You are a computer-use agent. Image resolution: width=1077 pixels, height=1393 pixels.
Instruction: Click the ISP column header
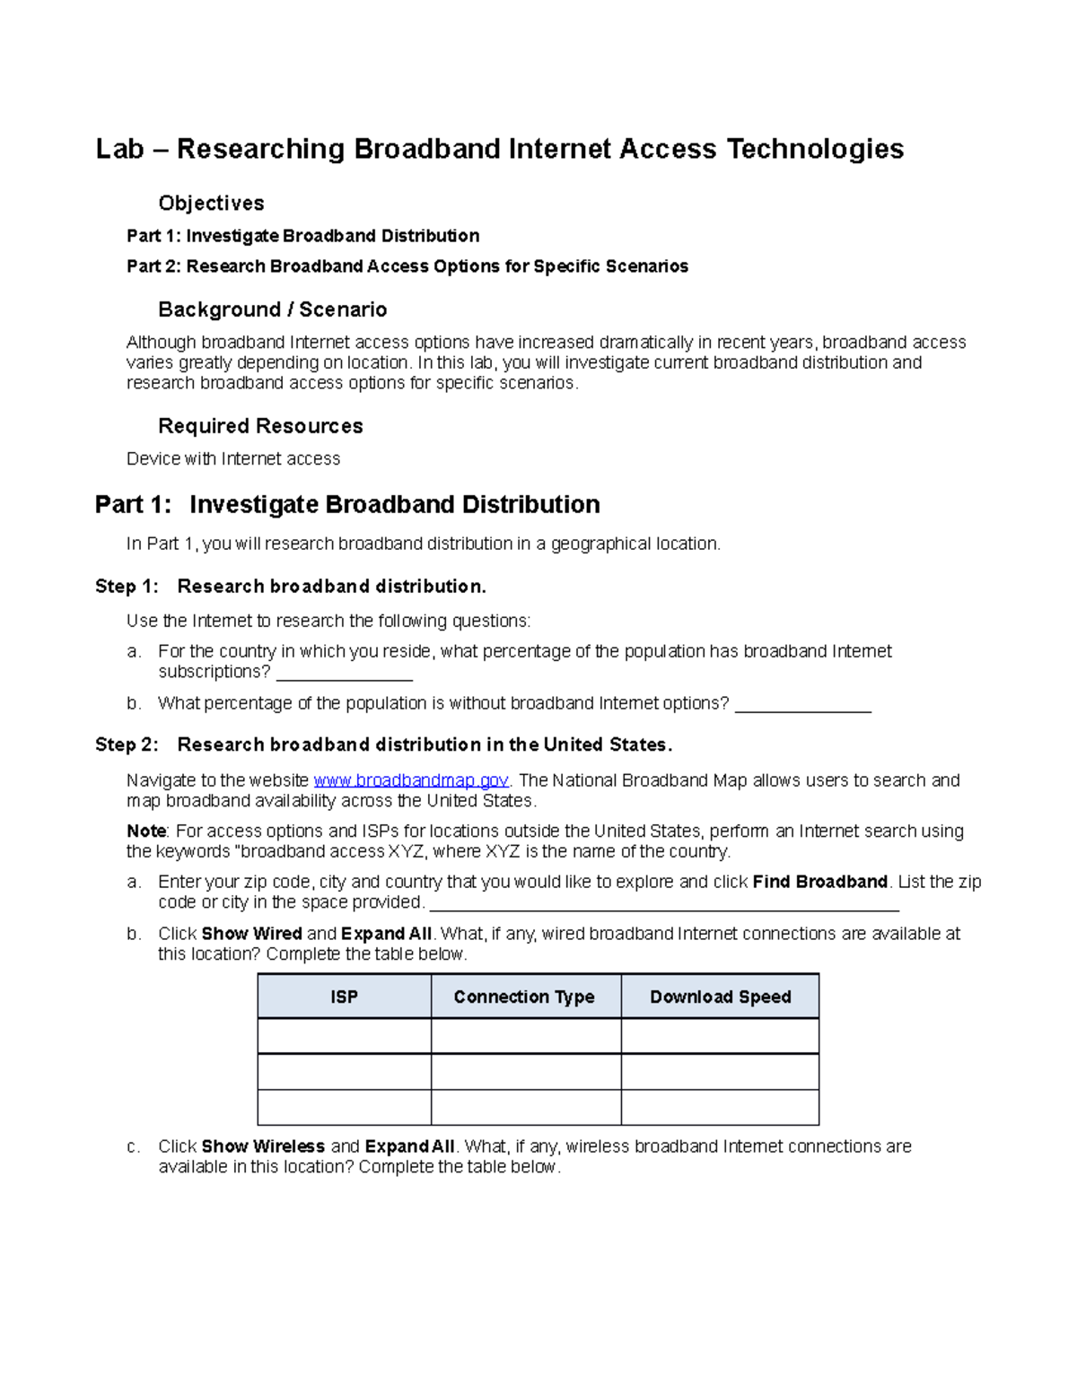344,997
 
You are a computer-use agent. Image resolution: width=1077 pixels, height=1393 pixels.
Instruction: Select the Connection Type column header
524,997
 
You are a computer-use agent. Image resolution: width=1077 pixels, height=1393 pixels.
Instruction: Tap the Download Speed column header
720,997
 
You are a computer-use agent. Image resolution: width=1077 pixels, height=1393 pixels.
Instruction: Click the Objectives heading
211,203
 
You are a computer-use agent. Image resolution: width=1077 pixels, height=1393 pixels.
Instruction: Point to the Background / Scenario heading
272,309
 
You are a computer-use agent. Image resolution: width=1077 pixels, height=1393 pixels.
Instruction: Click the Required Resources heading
260,426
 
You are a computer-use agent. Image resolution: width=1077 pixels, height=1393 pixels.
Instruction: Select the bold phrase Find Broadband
819,882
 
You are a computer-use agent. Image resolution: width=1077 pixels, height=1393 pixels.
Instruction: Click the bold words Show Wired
251,934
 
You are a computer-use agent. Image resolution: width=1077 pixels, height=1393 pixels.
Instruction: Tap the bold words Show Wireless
263,1146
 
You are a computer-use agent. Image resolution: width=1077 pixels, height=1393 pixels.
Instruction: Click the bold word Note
146,831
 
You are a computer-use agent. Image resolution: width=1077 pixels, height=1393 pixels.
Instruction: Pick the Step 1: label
127,587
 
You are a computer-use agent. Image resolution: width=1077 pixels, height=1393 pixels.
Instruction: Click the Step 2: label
127,744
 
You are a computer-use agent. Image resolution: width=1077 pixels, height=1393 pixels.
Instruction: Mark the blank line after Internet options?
802,706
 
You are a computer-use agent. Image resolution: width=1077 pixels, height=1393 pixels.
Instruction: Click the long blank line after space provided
664,904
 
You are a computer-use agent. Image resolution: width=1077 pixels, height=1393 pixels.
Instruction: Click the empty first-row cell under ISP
344,1036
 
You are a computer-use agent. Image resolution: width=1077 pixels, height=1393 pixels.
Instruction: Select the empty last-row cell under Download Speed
720,1107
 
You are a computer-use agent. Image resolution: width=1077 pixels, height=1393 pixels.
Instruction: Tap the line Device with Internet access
233,459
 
